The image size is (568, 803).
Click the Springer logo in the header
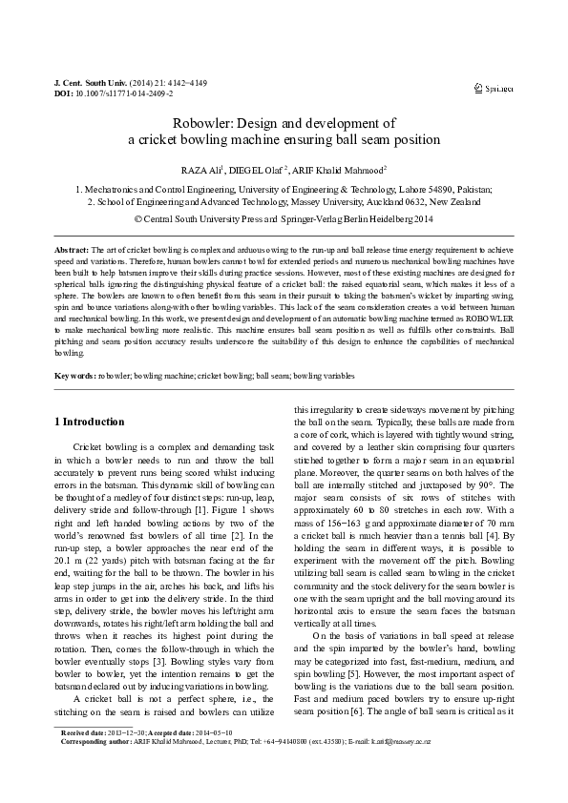[x=494, y=88]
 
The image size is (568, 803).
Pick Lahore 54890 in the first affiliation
[x=430, y=190]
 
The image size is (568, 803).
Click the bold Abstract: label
[x=72, y=248]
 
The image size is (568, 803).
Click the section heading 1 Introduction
[x=89, y=422]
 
